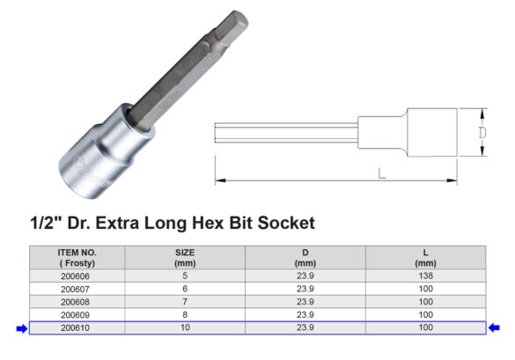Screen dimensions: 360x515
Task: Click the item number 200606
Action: [x=77, y=275]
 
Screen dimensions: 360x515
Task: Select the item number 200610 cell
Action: [x=77, y=327]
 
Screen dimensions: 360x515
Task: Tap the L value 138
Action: [x=424, y=275]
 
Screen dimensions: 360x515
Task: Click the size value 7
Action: [x=185, y=301]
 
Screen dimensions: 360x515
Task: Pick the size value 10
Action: [x=185, y=327]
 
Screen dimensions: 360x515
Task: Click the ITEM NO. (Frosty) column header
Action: [x=77, y=257]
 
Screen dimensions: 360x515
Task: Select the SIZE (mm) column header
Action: [x=185, y=257]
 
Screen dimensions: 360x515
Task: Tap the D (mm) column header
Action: [x=305, y=257]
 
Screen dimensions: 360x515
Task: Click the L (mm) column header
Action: [x=424, y=257]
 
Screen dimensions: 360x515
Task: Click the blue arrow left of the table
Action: [x=19, y=328]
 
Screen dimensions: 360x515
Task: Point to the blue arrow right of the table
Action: [x=495, y=328]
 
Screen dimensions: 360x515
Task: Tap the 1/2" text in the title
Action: [x=47, y=224]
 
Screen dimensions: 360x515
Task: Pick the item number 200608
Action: [x=77, y=301]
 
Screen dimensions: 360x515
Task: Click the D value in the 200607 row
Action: [x=305, y=288]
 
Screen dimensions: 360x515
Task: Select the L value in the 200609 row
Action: [x=424, y=314]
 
